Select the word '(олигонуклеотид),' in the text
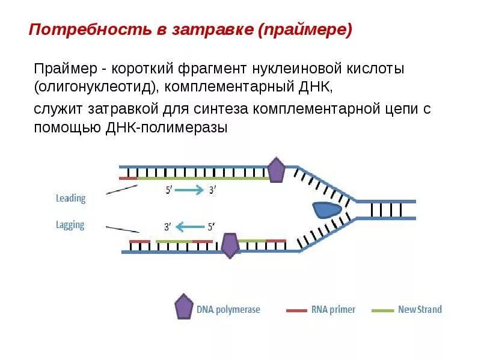[96, 87]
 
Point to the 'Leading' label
[70, 198]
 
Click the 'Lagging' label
[70, 226]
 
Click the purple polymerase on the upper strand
[275, 170]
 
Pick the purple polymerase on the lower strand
[230, 245]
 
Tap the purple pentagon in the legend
[183, 307]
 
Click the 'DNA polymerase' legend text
[228, 310]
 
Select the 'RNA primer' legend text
[333, 310]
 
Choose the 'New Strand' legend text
[420, 310]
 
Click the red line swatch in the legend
[296, 310]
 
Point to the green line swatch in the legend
[382, 310]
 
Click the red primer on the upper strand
[128, 179]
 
